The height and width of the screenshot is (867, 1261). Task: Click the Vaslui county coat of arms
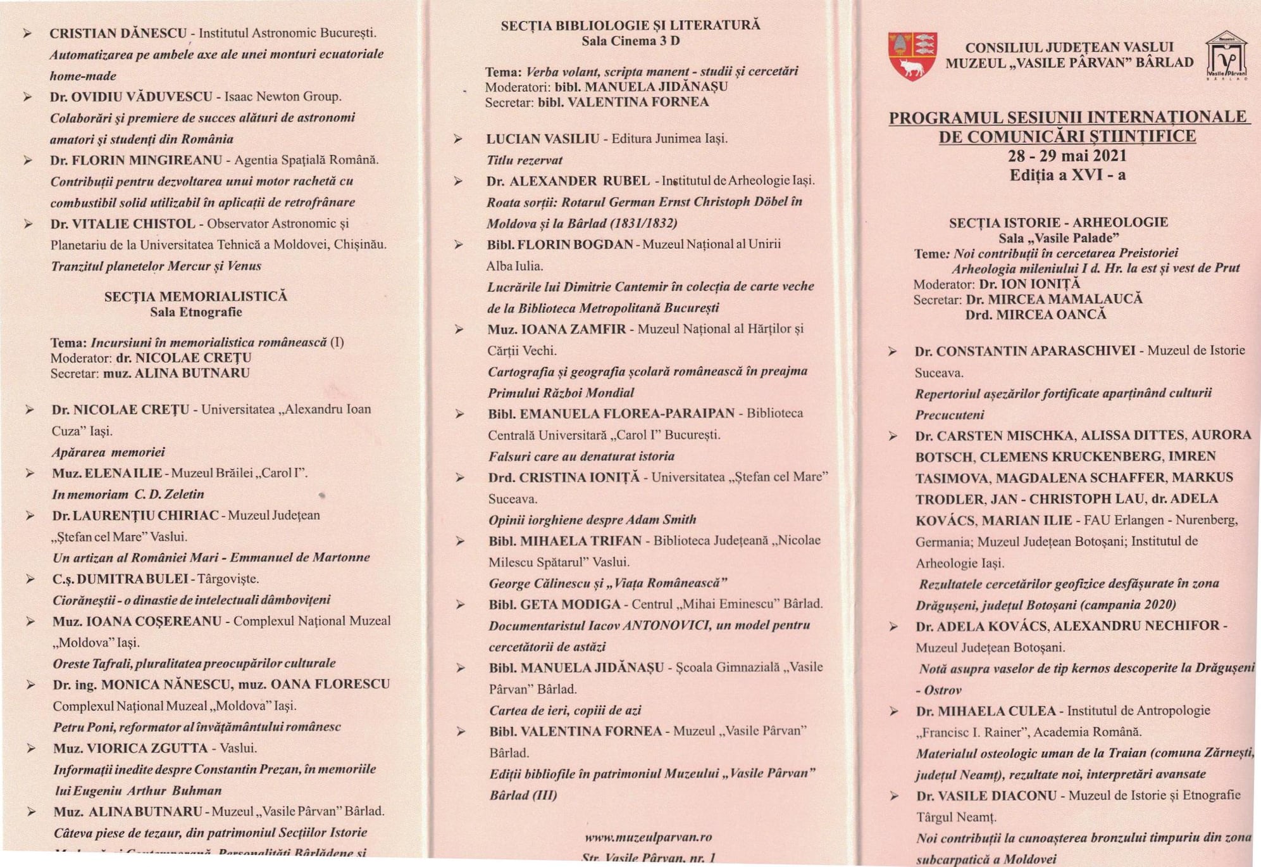point(912,56)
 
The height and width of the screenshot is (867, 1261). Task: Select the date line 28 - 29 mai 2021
point(1067,156)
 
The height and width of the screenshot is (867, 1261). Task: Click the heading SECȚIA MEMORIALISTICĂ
point(196,296)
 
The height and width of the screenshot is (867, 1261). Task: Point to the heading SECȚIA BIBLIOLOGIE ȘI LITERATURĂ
point(630,25)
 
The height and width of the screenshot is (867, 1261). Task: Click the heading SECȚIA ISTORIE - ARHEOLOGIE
point(1058,222)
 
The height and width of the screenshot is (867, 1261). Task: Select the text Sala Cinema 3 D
point(630,41)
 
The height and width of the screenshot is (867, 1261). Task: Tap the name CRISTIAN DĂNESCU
point(118,33)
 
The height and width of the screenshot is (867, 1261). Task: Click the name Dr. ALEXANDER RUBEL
point(568,181)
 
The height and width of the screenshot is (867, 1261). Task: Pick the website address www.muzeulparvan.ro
point(648,837)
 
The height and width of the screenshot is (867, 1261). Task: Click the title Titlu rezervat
point(524,160)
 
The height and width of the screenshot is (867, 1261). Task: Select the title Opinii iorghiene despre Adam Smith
point(592,520)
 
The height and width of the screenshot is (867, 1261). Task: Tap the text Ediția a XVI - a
point(1067,175)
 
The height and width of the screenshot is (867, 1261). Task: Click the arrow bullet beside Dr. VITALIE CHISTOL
point(28,224)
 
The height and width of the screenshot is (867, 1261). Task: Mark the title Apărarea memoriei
point(108,452)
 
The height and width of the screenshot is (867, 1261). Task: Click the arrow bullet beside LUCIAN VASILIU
point(458,139)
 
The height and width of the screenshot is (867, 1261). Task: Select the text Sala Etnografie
point(196,312)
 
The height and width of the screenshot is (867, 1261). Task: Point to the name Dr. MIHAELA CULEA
point(986,711)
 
